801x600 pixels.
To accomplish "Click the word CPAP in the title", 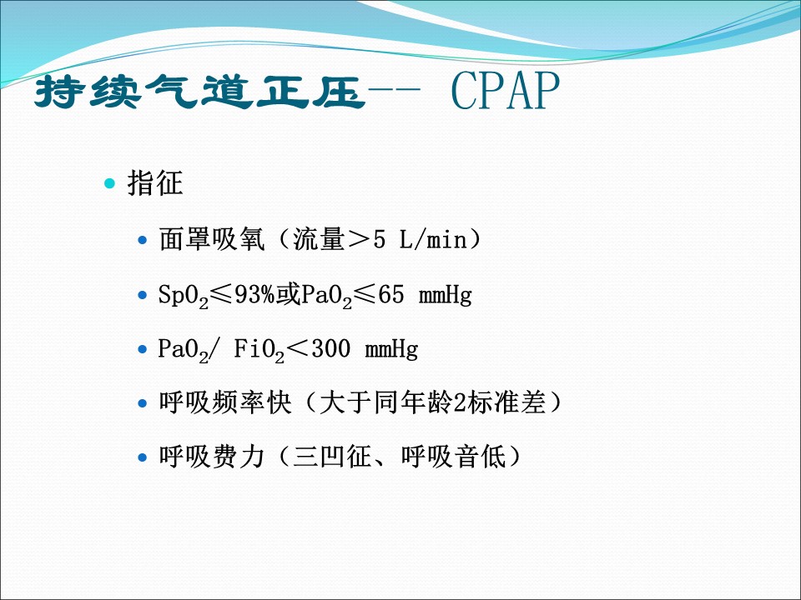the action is tap(506, 91).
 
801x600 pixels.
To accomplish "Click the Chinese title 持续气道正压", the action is tap(199, 92).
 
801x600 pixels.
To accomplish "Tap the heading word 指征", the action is tap(155, 182).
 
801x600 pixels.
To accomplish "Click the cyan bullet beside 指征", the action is tap(110, 183).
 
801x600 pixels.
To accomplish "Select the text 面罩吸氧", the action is tap(212, 239).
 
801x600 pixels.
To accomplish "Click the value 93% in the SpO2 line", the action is tap(254, 294).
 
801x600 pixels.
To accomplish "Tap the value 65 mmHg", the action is tap(425, 295).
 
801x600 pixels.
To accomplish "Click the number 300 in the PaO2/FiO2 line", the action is tap(331, 349).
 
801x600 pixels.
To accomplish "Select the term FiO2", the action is tap(259, 350).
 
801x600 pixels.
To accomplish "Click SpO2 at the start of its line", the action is tap(184, 296).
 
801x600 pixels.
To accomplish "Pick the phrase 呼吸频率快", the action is tap(225, 402).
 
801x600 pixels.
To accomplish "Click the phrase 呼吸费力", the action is tap(212, 456).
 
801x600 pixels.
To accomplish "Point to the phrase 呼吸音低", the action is tap(454, 456).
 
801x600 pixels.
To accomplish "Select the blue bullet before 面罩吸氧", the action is tap(143, 240).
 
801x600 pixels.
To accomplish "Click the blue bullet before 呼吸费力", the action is tap(143, 457).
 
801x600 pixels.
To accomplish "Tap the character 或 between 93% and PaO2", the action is tap(288, 294).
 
